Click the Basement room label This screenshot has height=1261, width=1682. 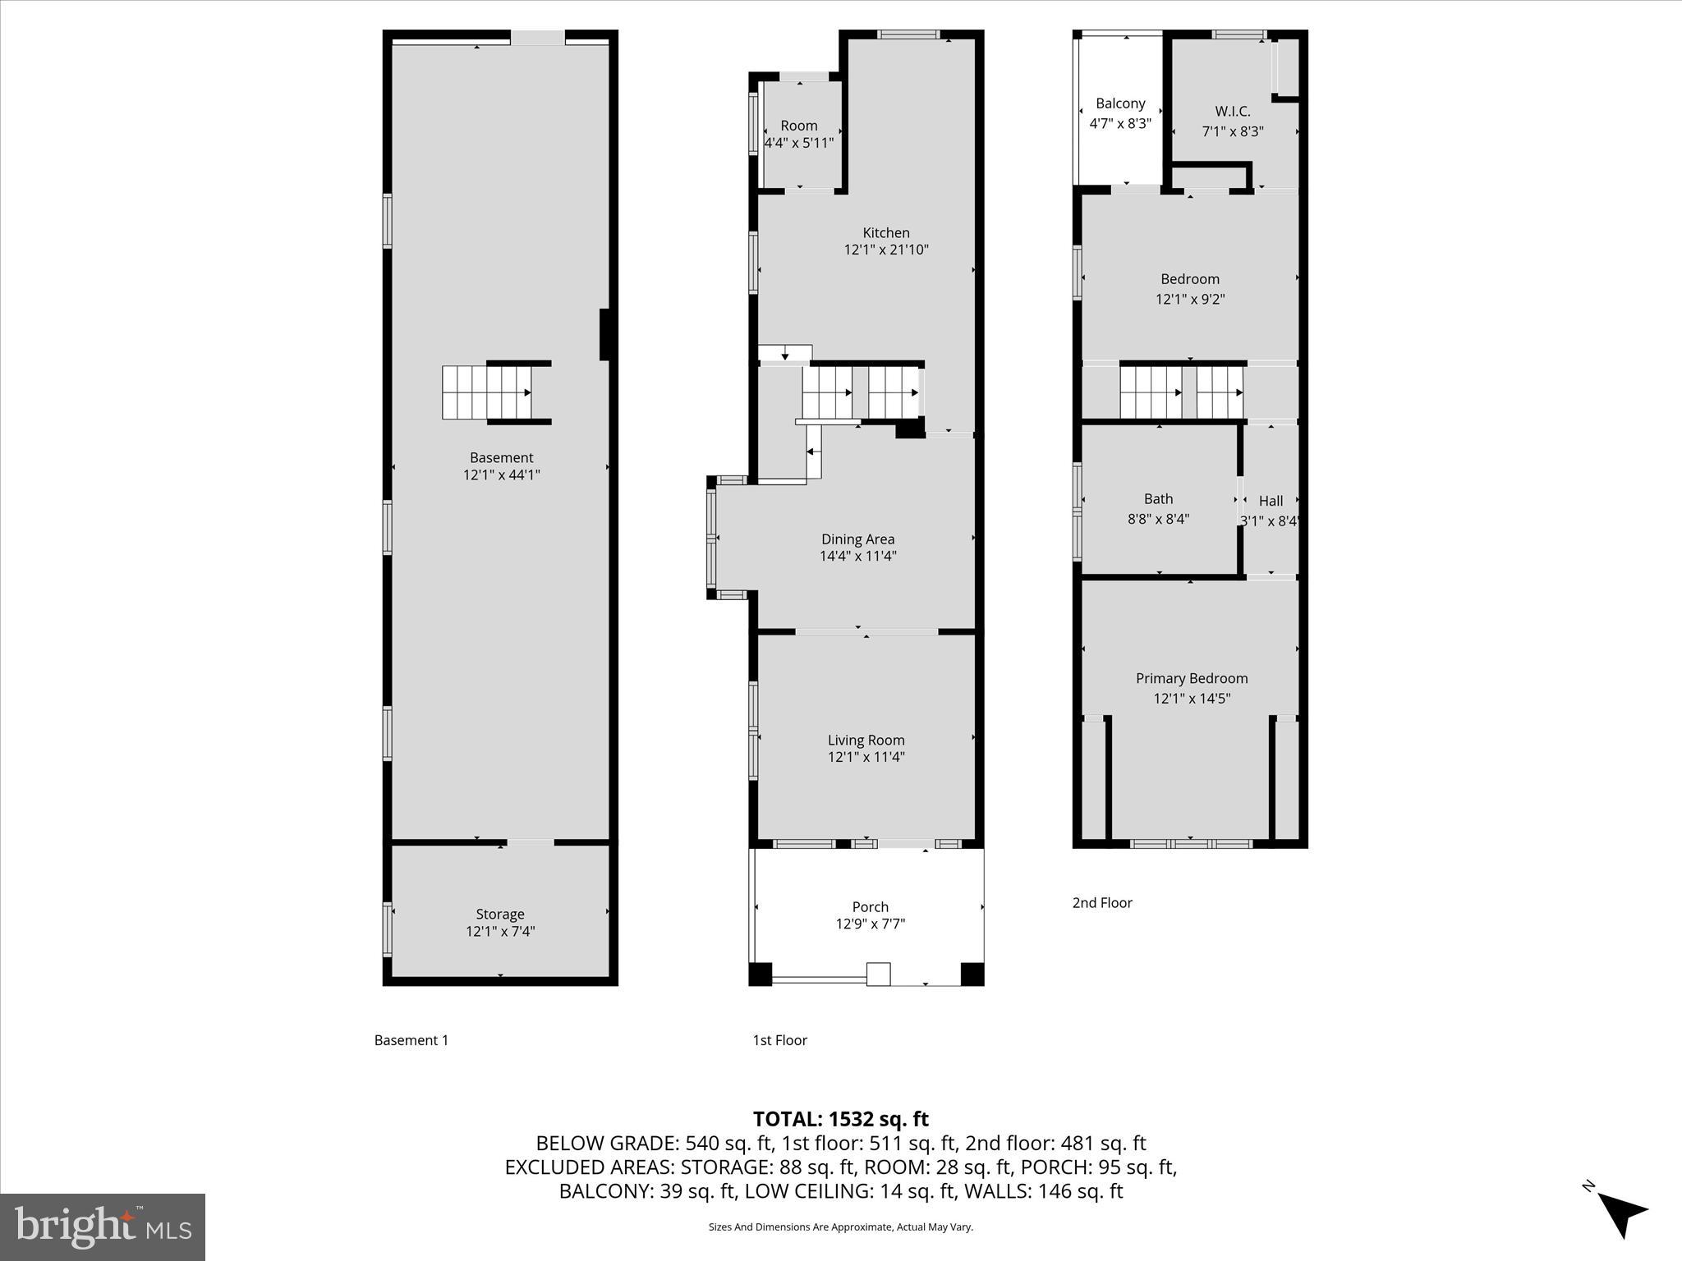[x=501, y=457]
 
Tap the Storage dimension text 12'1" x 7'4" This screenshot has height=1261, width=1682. [x=500, y=931]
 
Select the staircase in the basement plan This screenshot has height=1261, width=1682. [x=487, y=392]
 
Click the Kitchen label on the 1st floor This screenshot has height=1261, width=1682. [x=885, y=232]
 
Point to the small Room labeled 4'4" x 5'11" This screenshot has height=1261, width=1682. [x=798, y=134]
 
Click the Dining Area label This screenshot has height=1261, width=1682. [x=857, y=539]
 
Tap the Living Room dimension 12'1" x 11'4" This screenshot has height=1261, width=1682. [x=866, y=757]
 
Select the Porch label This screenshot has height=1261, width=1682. [x=870, y=906]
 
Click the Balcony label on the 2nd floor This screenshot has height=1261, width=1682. [x=1119, y=103]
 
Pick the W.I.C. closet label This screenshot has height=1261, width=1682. [x=1232, y=111]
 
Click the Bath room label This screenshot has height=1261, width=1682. [x=1158, y=498]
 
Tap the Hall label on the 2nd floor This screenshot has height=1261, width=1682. [x=1271, y=501]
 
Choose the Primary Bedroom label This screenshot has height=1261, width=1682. [x=1191, y=678]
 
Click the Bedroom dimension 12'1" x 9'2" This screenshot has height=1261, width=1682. [x=1189, y=299]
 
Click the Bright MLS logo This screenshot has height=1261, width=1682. [x=103, y=1227]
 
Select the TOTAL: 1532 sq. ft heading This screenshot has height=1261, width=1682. [x=840, y=1119]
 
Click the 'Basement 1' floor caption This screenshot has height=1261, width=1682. [x=411, y=1040]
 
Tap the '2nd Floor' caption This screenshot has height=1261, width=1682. [x=1101, y=902]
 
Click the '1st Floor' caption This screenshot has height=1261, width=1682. [x=779, y=1040]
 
